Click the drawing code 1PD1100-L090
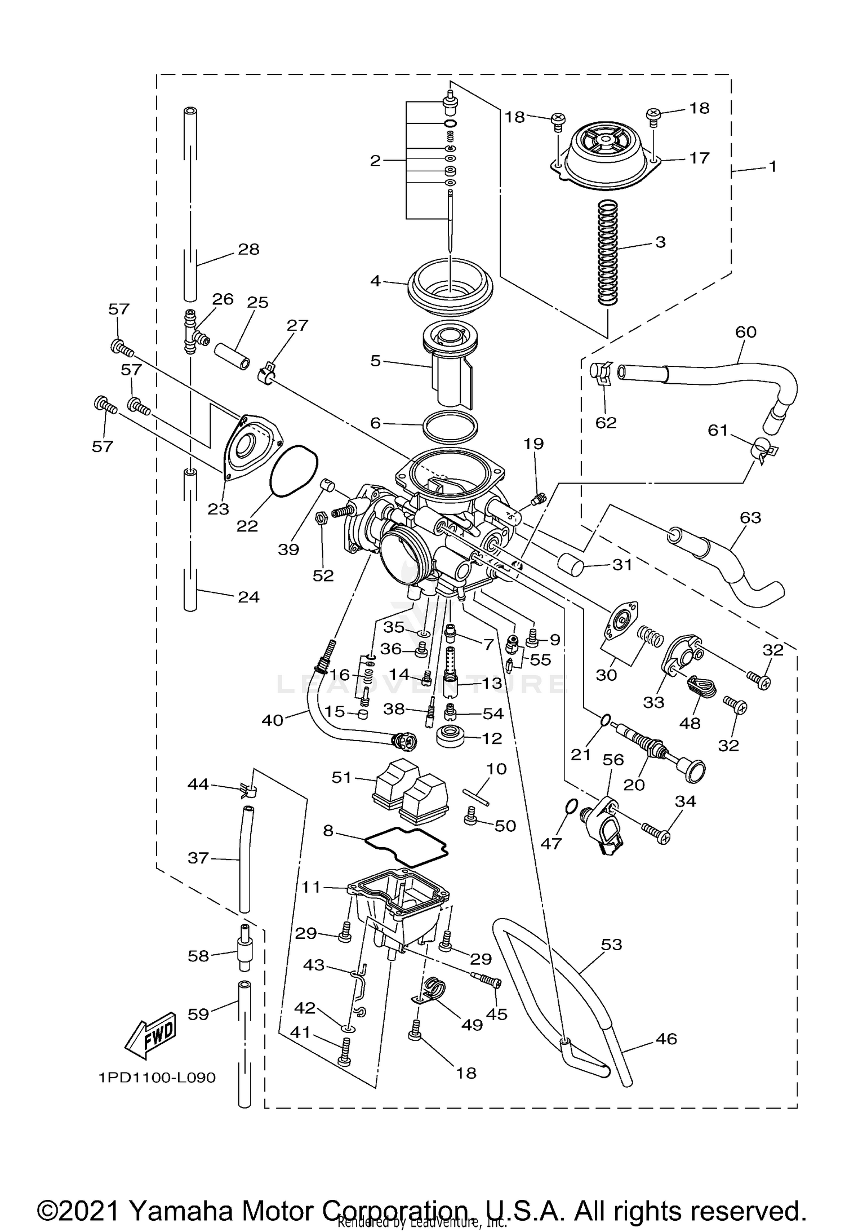[157, 1078]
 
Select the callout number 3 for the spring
[660, 242]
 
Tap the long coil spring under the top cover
[608, 254]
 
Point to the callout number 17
[699, 158]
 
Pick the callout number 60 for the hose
[746, 332]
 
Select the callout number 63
[750, 517]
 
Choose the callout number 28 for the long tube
[249, 249]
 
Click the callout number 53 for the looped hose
[611, 944]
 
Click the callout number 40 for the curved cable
[273, 720]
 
